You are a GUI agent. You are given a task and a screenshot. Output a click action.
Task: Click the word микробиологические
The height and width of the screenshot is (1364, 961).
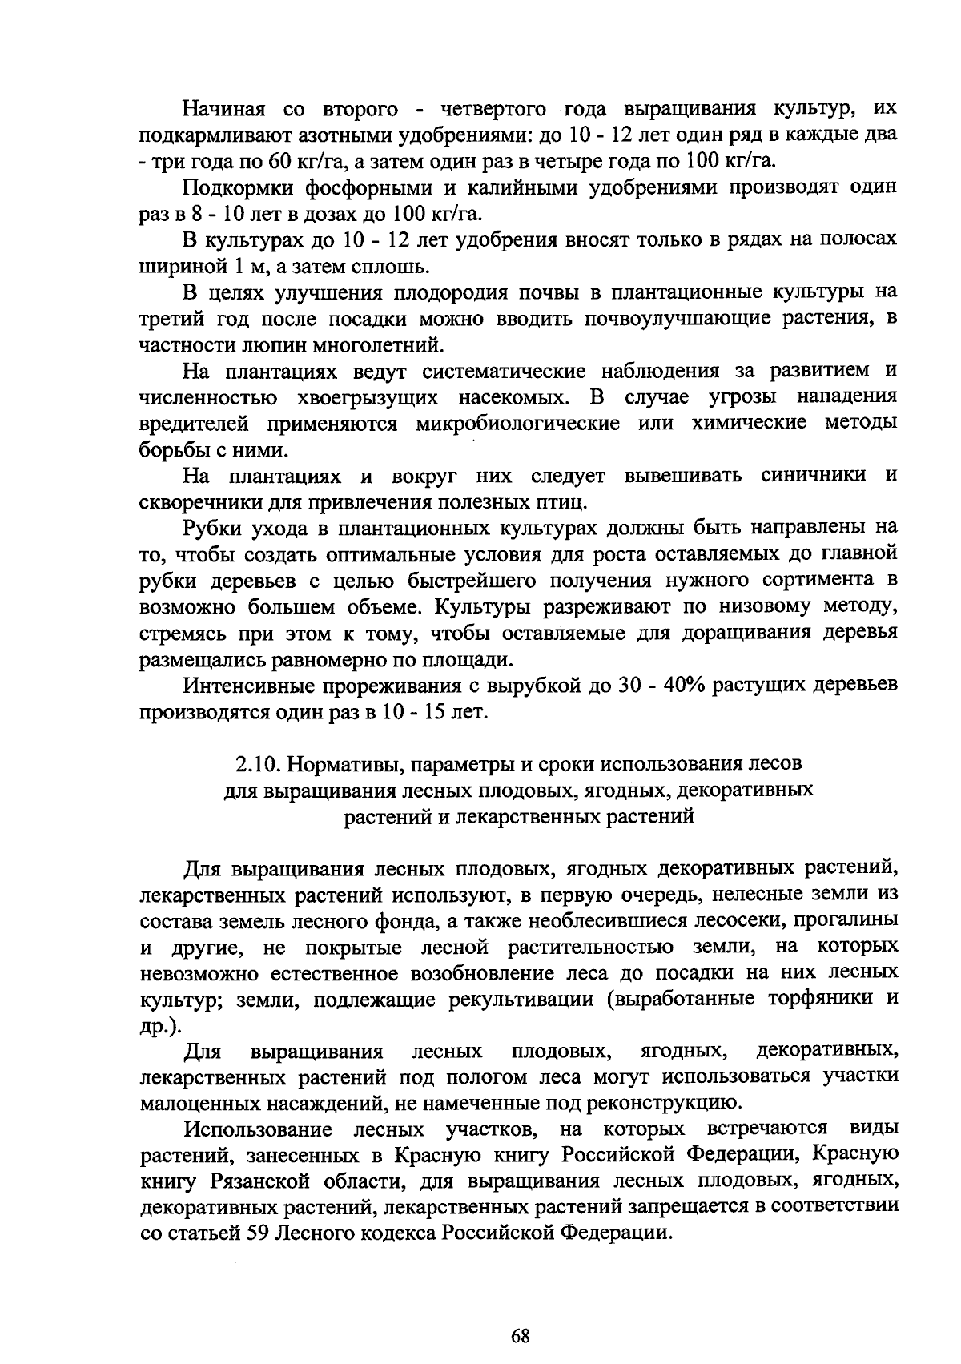[x=517, y=424]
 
